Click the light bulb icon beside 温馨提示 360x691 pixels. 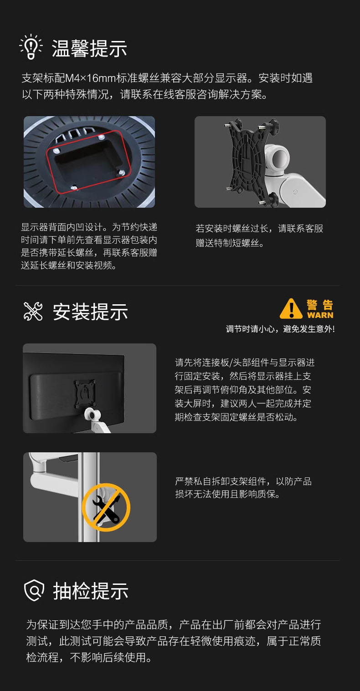pos(31,46)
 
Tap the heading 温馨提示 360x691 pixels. pos(89,48)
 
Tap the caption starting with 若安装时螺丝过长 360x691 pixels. pos(259,235)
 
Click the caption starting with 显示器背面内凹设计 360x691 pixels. pos(89,246)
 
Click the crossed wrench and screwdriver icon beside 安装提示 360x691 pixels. pos(33,311)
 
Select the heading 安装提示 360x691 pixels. pos(90,312)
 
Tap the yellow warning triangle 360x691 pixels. pos(291,309)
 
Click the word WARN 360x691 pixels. pos(320,315)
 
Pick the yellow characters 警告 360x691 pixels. pos(320,305)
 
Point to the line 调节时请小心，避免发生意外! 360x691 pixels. pos(280,329)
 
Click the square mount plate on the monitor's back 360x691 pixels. pos(85,393)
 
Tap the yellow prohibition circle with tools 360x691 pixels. pos(106,507)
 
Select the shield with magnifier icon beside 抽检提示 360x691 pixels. pos(34,590)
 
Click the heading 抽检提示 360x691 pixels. pos(91,591)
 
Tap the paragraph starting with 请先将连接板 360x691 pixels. pos(245,389)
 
